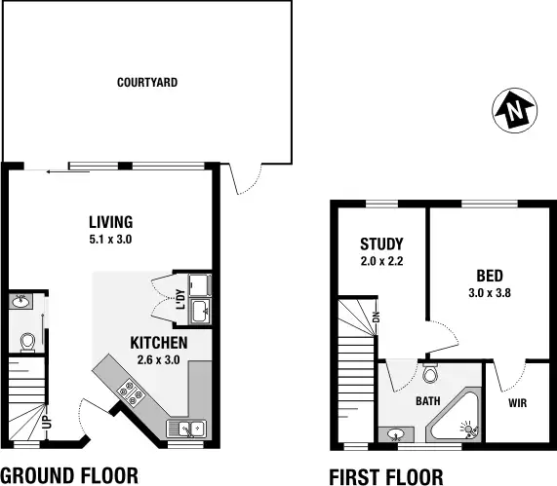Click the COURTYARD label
(147, 83)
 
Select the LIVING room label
(110, 221)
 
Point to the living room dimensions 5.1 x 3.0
(109, 238)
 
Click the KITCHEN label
(159, 343)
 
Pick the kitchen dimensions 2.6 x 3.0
(159, 359)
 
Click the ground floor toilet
(27, 341)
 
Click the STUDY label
(381, 243)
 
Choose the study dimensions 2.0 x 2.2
(381, 260)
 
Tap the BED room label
(491, 275)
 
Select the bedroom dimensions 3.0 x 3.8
(491, 291)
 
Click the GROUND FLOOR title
(69, 474)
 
